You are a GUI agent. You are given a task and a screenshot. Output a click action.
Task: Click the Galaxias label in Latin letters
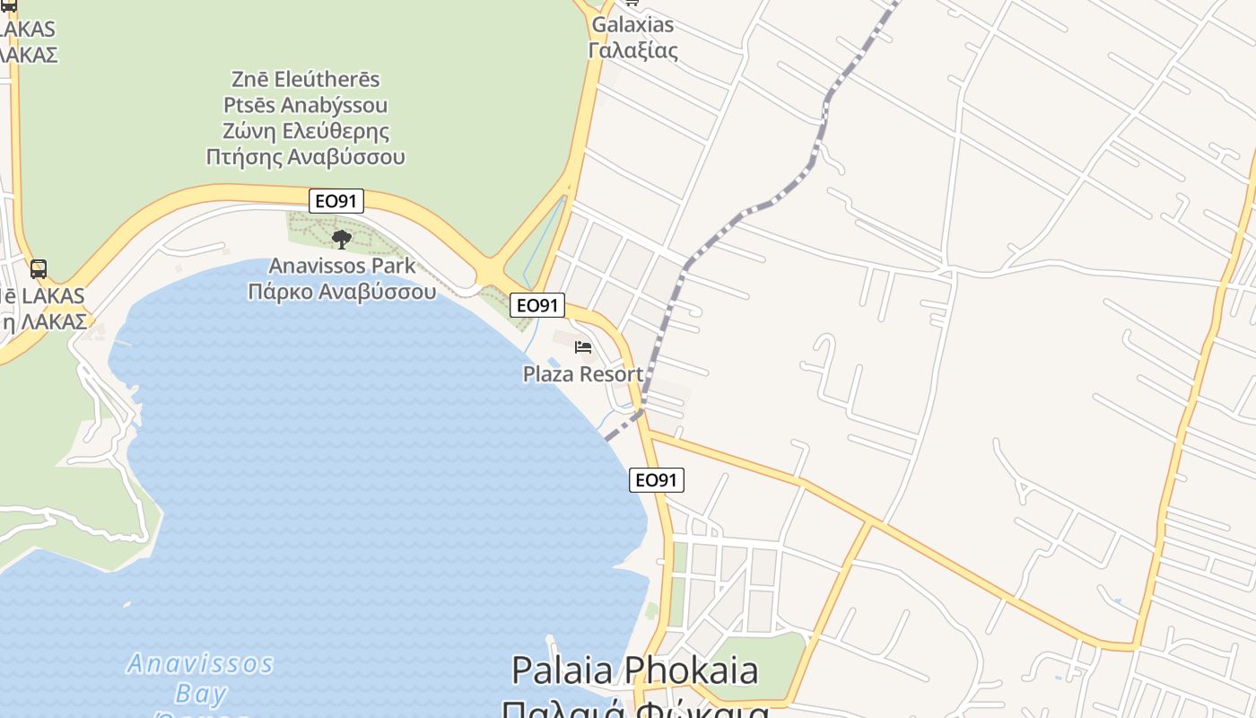pyautogui.click(x=632, y=24)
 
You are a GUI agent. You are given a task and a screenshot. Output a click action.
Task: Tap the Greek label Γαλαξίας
pyautogui.click(x=632, y=50)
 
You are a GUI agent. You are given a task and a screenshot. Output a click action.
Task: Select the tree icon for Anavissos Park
pyautogui.click(x=341, y=239)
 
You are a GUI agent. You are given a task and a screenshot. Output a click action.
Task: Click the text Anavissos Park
pyautogui.click(x=342, y=266)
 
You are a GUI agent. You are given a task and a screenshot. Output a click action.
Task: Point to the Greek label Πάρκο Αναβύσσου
pyautogui.click(x=342, y=292)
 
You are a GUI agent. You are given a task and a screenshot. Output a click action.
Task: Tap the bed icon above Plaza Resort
pyautogui.click(x=583, y=346)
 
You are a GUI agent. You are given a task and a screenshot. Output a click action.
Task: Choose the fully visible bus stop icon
pyautogui.click(x=39, y=268)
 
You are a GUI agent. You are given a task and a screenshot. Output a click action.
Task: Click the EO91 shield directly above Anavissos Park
pyautogui.click(x=336, y=201)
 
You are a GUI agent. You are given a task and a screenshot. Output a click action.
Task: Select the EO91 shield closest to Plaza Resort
pyautogui.click(x=537, y=305)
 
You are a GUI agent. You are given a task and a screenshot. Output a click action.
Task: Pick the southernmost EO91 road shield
pyautogui.click(x=656, y=480)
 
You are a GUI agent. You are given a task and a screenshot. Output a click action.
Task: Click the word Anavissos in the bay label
pyautogui.click(x=200, y=664)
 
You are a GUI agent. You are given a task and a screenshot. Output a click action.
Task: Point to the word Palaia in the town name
pyautogui.click(x=562, y=670)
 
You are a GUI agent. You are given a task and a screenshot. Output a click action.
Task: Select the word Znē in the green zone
pyautogui.click(x=251, y=79)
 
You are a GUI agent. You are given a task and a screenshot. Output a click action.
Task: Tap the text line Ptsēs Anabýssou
pyautogui.click(x=306, y=105)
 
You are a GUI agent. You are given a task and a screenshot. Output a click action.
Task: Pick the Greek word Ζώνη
pyautogui.click(x=249, y=131)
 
